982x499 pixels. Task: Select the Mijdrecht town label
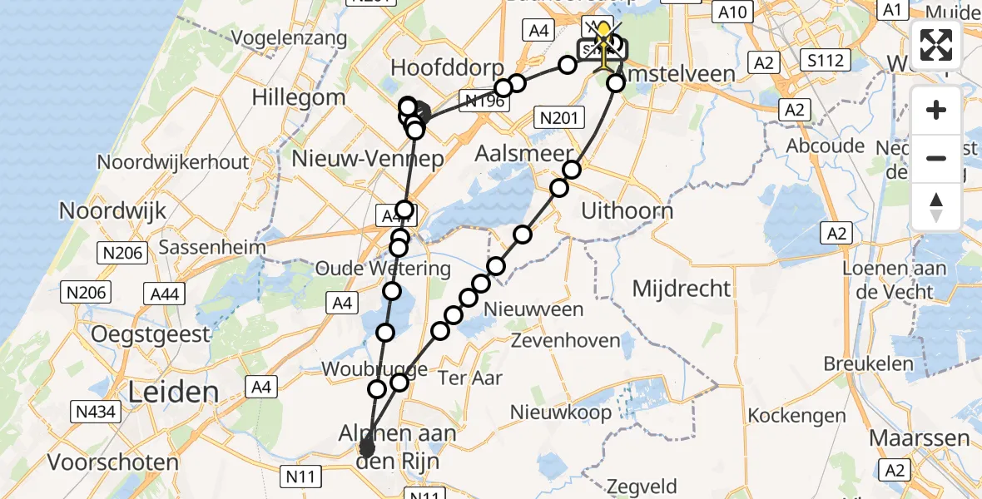682,289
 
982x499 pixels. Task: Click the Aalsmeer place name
525,154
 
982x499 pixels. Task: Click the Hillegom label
298,97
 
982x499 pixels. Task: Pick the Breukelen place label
868,363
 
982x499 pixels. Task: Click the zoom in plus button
936,110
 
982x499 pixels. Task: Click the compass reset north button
936,206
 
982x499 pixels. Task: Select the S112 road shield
824,60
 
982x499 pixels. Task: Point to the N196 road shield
484,101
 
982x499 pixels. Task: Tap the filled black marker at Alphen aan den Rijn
366,449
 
